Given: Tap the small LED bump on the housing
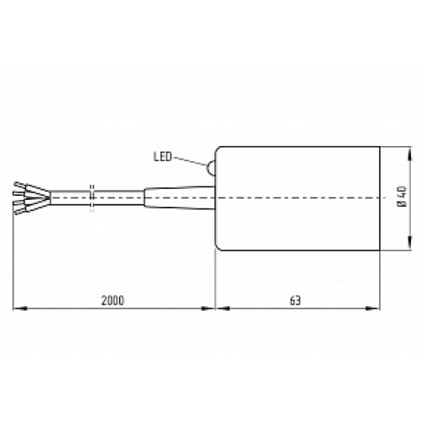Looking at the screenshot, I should (210, 167).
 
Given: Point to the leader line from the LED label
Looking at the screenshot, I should (189, 162).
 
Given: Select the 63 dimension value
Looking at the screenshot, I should (295, 300).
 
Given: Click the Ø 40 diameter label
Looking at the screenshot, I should (402, 199).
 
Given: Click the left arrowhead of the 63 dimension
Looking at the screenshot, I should (219, 308).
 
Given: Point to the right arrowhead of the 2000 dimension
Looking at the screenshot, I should (211, 308).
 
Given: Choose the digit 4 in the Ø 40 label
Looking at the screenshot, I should (402, 196).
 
